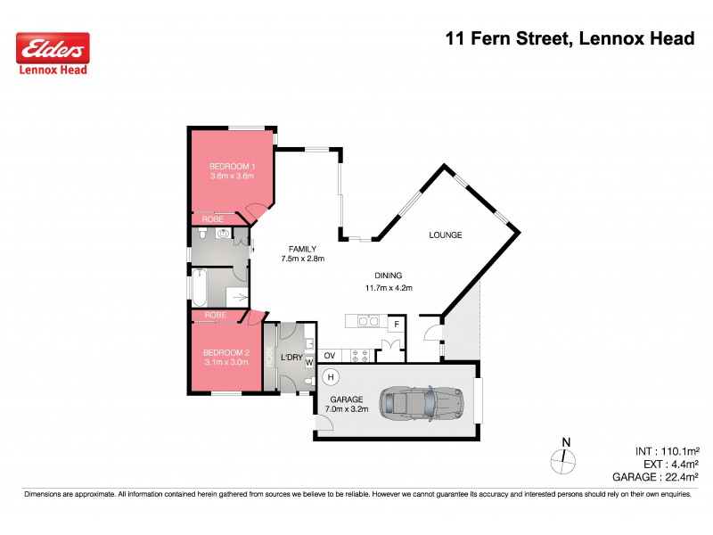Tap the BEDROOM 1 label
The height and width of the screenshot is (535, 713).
(x=232, y=166)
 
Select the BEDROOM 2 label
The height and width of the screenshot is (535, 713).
(x=226, y=352)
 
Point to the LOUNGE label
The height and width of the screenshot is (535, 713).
(x=445, y=235)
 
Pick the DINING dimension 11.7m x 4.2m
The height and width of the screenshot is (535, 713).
(x=388, y=287)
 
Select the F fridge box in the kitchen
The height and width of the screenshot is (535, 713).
(x=391, y=325)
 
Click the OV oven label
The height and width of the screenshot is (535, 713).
(x=328, y=356)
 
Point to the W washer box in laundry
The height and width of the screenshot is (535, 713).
(x=309, y=362)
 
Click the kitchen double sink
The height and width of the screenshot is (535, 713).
(x=368, y=321)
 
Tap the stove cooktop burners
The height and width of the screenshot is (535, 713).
(x=362, y=356)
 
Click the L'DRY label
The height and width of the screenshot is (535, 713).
(x=291, y=358)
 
